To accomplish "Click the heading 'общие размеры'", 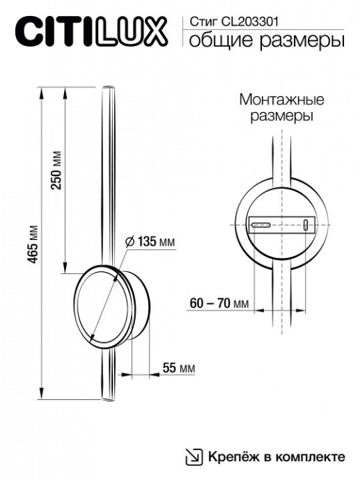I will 267,42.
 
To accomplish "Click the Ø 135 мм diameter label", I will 150,241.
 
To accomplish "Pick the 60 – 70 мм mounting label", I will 219,303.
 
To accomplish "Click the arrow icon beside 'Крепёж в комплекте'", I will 192,456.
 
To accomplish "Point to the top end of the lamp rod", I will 107,88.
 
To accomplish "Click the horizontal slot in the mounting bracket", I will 261,225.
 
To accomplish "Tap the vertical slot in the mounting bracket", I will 305,225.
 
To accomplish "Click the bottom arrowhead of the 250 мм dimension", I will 65,265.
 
